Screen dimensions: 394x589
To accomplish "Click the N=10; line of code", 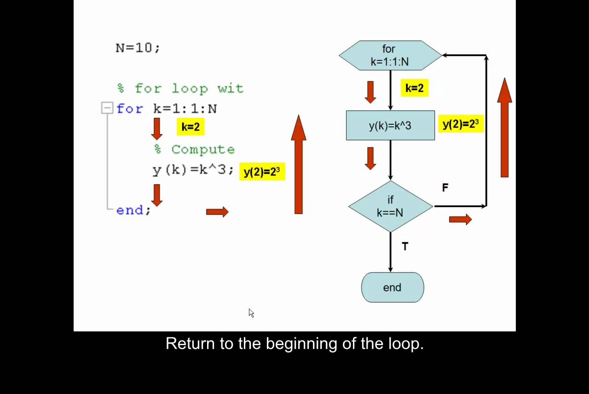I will coord(138,48).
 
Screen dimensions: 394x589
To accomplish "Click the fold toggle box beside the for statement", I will coord(107,108).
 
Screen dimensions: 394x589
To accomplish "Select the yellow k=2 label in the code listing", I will coord(191,127).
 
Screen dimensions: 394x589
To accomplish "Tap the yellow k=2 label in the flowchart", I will coord(414,88).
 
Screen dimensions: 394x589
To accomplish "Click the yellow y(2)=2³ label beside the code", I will coord(262,172).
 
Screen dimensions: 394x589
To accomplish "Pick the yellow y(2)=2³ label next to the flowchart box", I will coord(461,124).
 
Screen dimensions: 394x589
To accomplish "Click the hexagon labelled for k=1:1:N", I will coord(390,55).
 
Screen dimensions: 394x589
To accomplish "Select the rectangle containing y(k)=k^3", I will coord(390,125).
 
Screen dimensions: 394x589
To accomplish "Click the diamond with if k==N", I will coord(390,206).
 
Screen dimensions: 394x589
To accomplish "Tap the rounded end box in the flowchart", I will coord(393,287).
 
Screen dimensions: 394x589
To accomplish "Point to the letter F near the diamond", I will coord(445,188).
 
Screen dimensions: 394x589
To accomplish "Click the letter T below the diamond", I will coord(405,247).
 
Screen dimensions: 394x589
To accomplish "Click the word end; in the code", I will coord(133,210).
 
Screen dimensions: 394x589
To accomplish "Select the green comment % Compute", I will coord(194,150).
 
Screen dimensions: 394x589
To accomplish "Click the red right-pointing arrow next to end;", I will coord(217,212).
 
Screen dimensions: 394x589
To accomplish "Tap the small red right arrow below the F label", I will coord(460,220).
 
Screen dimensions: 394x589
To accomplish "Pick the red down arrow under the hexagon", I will coord(370,92).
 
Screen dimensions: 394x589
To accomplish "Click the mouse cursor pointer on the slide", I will coord(251,313).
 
